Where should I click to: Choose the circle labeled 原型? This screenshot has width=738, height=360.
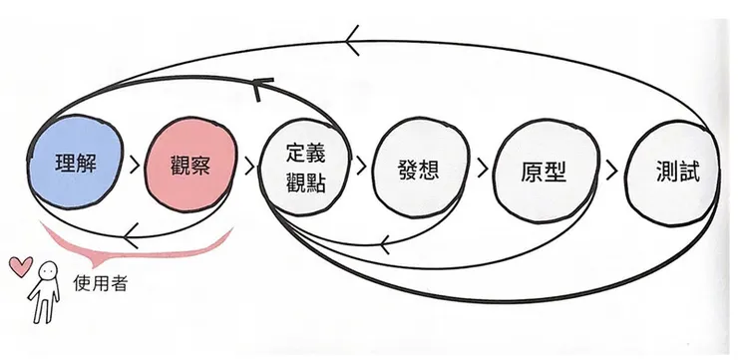point(544,170)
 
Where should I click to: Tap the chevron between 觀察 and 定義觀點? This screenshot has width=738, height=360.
point(246,165)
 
